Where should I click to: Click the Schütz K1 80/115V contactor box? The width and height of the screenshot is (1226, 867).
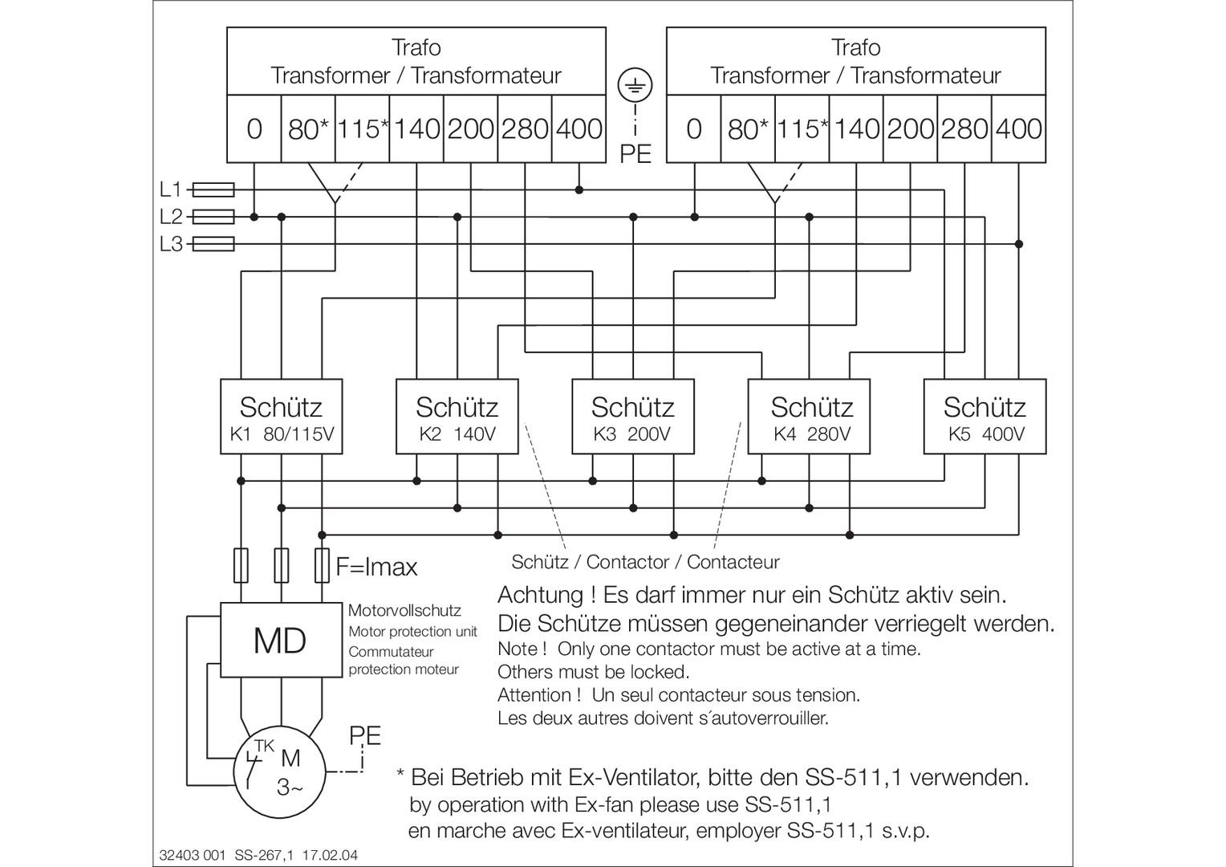(x=282, y=417)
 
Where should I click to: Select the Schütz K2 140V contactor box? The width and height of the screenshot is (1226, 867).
(x=457, y=417)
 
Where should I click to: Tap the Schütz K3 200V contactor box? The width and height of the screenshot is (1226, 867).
(x=633, y=417)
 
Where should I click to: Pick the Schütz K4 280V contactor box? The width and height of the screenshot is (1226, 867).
(x=809, y=417)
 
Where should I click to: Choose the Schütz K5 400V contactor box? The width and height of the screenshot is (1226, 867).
(x=984, y=417)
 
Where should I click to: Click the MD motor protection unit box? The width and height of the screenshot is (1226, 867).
(x=282, y=641)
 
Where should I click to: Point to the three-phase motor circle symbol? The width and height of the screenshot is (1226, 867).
(x=280, y=772)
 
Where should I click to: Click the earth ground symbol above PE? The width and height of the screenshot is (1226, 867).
(x=635, y=85)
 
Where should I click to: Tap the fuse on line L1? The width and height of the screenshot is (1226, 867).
(x=214, y=190)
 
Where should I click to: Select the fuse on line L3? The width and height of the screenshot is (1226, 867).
(x=214, y=244)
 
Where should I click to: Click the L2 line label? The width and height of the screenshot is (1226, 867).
(x=171, y=217)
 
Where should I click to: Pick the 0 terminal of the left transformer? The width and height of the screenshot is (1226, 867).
(x=254, y=129)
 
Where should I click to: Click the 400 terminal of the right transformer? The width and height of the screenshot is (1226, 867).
(x=1018, y=129)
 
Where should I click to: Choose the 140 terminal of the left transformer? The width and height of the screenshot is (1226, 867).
(x=416, y=129)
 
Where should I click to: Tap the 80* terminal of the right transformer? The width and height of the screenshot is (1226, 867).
(x=748, y=129)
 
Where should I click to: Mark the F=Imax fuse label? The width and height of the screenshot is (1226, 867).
(x=376, y=567)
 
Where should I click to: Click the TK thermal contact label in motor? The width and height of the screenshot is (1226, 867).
(x=264, y=746)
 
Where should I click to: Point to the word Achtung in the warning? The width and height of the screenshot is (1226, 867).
(x=541, y=596)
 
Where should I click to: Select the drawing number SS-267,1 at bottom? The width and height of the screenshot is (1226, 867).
(x=264, y=855)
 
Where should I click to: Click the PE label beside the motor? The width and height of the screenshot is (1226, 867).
(x=365, y=735)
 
